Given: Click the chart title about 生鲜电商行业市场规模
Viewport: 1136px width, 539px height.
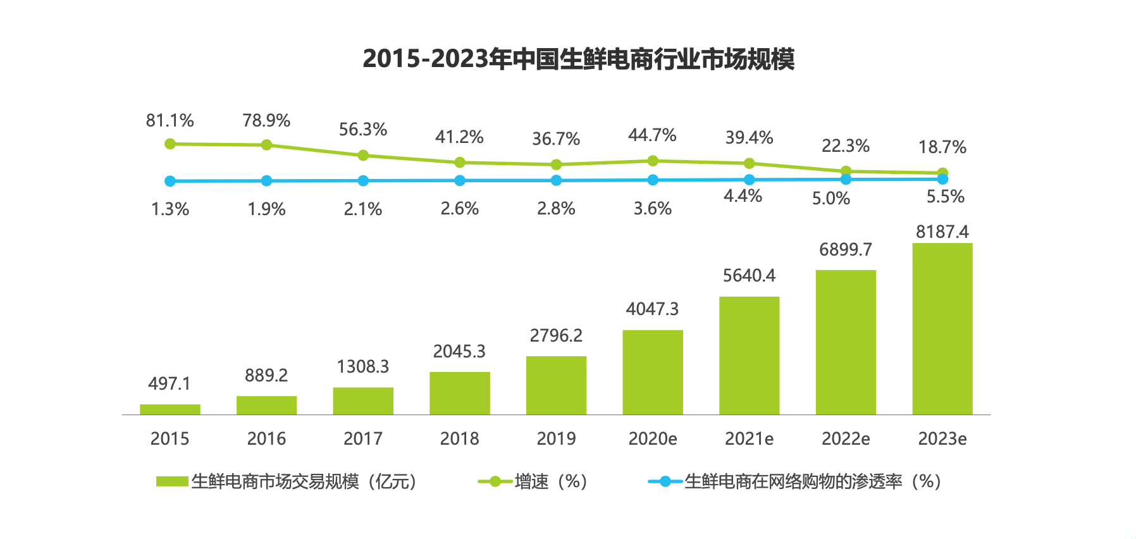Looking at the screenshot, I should pyautogui.click(x=578, y=59).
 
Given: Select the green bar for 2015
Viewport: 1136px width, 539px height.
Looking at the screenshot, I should pyautogui.click(x=170, y=409).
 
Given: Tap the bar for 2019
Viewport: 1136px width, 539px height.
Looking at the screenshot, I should pyautogui.click(x=556, y=385).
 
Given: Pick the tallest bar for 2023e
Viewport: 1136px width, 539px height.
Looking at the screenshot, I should pyautogui.click(x=942, y=329).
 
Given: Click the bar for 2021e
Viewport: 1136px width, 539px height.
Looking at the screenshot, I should pyautogui.click(x=749, y=356).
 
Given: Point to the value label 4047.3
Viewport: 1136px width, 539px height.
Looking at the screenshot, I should pyautogui.click(x=652, y=309).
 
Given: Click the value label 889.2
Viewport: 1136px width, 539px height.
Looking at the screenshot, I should pyautogui.click(x=266, y=375).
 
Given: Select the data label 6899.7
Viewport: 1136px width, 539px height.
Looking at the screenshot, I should pyautogui.click(x=845, y=249).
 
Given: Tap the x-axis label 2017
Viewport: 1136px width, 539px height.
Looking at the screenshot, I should pyautogui.click(x=362, y=438).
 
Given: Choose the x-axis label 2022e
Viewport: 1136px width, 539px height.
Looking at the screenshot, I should pyautogui.click(x=845, y=438).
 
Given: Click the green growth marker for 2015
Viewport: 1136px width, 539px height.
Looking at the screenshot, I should pyautogui.click(x=170, y=144).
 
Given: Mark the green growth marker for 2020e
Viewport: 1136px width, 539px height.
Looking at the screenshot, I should pyautogui.click(x=653, y=161).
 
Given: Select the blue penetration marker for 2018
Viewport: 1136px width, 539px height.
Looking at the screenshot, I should pyautogui.click(x=460, y=180).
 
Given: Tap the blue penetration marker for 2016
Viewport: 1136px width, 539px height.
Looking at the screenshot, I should pyautogui.click(x=266, y=181).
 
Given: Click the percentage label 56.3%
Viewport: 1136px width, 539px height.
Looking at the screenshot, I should pyautogui.click(x=362, y=129).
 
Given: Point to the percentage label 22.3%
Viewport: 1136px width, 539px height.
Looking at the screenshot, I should pyautogui.click(x=845, y=146).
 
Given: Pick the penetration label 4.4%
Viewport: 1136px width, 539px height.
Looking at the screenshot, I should pyautogui.click(x=743, y=196).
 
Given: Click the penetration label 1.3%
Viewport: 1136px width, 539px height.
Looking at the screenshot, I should pyautogui.click(x=170, y=209).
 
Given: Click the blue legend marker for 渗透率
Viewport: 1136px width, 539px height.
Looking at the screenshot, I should pyautogui.click(x=665, y=481).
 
